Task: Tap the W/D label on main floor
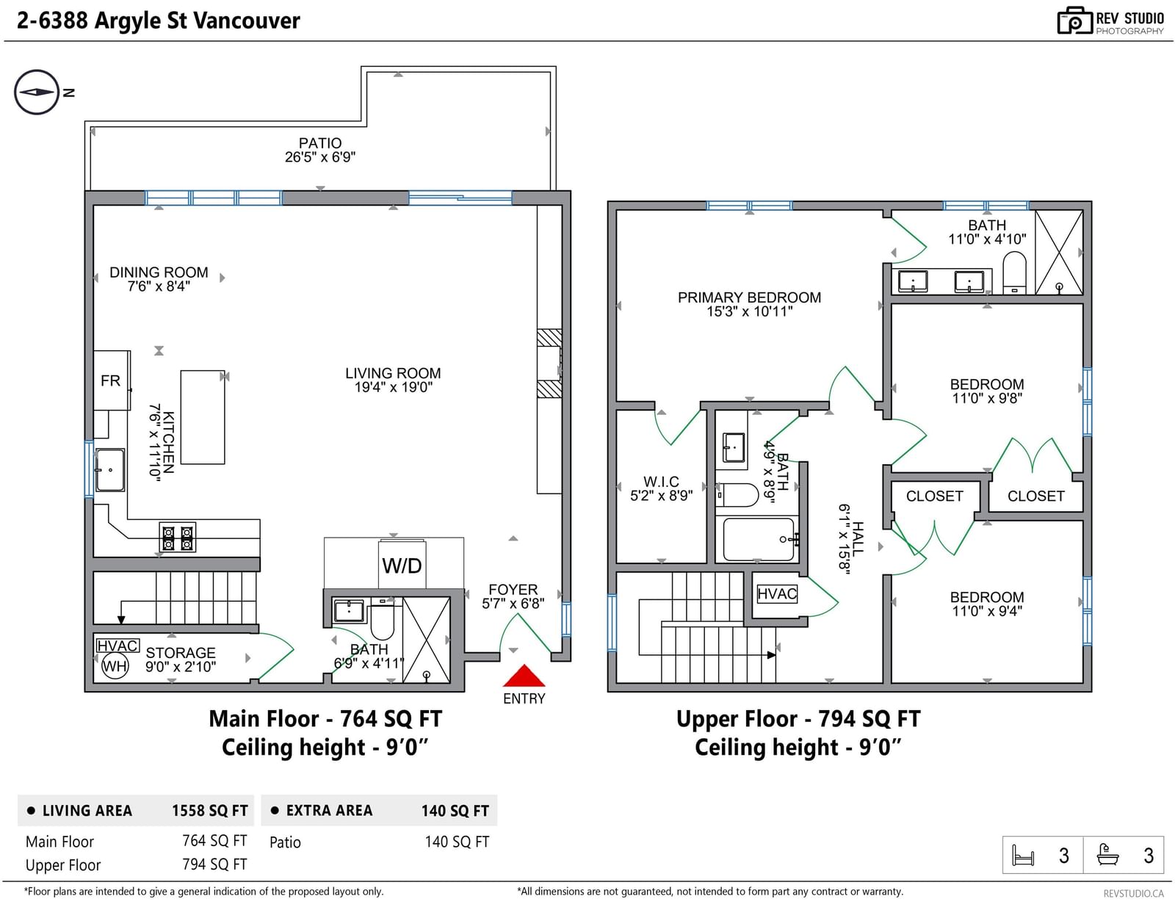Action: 401,566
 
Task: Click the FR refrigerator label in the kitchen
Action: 110,380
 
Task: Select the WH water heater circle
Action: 115,666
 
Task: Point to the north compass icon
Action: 36,92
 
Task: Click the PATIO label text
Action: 320,143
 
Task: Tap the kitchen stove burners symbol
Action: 178,538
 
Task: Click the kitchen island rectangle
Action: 203,417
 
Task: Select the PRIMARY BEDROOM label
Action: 749,297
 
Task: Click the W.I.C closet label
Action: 661,481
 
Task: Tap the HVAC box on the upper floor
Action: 777,593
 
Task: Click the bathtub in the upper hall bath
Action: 759,540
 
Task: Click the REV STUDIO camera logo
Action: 1074,21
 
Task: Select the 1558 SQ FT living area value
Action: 210,811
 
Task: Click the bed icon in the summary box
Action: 1022,856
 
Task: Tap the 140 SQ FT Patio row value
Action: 457,842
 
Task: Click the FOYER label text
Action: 513,589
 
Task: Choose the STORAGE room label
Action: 181,653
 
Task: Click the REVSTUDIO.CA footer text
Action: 1133,894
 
